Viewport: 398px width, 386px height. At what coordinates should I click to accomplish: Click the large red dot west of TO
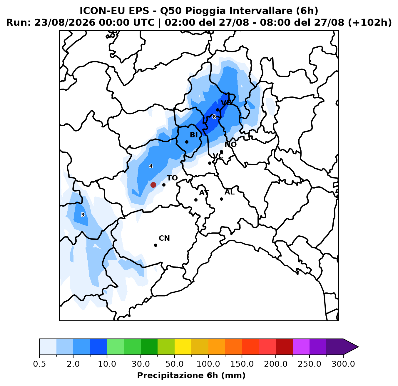tap(153, 185)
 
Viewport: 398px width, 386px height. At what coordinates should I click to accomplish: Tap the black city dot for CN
tap(155, 245)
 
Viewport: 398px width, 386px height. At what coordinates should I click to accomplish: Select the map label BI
tap(194, 135)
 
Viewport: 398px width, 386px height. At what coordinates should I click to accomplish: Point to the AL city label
tap(230, 192)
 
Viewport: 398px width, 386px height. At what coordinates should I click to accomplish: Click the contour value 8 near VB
tap(214, 117)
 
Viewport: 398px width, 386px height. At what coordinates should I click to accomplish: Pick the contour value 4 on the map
tap(151, 166)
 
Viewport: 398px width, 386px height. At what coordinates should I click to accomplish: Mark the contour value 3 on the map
tap(83, 215)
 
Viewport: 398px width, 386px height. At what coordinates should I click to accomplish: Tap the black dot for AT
tap(196, 200)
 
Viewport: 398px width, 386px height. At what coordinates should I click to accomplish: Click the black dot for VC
tap(210, 163)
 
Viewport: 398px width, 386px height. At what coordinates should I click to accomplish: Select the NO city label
tap(231, 144)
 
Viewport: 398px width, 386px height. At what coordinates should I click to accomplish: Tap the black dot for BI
tap(187, 142)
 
